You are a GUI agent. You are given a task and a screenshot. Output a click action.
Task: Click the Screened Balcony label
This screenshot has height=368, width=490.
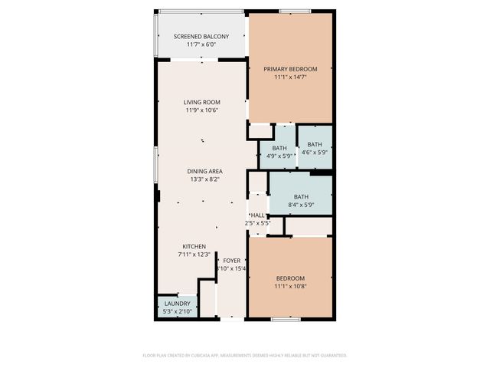tap(201, 37)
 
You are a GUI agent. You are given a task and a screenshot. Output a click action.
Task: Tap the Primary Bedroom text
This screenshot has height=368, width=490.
tap(290, 69)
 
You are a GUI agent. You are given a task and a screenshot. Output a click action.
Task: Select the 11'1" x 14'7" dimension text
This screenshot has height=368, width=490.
tap(290, 77)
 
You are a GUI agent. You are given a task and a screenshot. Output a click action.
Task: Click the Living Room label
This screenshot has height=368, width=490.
tap(201, 102)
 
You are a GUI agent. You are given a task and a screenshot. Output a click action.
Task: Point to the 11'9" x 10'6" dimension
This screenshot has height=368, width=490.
tap(201, 110)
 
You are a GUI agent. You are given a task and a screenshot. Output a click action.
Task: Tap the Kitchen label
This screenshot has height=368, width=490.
tap(194, 246)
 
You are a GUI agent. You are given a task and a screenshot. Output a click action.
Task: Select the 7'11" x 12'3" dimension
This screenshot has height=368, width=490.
tap(194, 254)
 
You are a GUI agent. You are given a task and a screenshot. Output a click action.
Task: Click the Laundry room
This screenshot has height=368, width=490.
tap(177, 307)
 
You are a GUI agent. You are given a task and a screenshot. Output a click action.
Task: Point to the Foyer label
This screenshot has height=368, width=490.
tap(231, 261)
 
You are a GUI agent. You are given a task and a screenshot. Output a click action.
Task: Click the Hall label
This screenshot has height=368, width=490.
tap(258, 215)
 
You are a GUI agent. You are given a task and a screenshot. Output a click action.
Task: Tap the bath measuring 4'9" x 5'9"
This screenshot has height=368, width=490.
tap(279, 152)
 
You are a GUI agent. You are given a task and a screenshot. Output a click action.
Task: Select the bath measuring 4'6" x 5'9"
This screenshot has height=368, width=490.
tap(315, 148)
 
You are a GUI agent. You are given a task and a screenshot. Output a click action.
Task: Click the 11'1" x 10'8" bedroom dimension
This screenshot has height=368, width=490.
tap(290, 286)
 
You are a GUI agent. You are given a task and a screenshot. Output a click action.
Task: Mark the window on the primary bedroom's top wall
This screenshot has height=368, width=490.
tap(290, 11)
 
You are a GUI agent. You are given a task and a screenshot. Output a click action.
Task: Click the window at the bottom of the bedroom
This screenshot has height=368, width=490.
tap(285, 318)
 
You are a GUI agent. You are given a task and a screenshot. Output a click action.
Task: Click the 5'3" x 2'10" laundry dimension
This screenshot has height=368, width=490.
tap(177, 311)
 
